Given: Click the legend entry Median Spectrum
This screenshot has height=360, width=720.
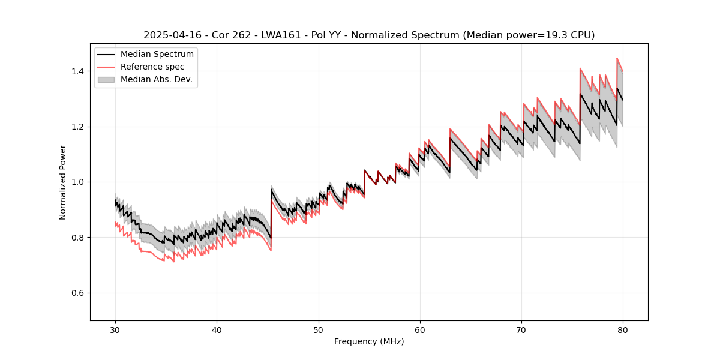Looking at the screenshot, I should pos(157,55).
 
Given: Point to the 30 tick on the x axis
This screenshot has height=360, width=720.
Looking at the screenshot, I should pos(116,329).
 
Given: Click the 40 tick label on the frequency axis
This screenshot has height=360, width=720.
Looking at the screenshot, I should pos(217,329).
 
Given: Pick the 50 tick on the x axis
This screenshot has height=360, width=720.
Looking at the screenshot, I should pos(319,329).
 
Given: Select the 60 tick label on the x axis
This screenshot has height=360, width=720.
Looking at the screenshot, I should pos(420,329).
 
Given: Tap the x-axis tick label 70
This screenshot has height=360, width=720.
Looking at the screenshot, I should pos(521,329).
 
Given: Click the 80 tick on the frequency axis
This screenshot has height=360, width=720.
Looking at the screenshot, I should pos(623,329).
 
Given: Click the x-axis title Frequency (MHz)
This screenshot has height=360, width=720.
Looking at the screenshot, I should pos(369,341).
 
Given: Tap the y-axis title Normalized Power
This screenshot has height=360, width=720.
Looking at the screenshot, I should pos(63,182).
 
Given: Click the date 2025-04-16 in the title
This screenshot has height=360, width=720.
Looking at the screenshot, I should pos(170,35).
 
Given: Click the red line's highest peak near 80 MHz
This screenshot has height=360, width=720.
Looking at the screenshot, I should pos(617,58).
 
